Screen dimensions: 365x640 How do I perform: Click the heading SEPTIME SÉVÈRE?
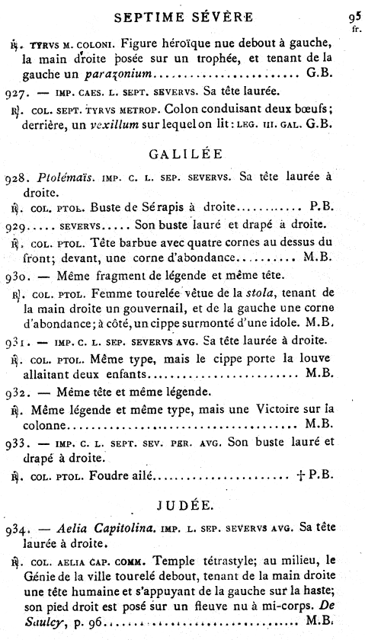[x=182, y=15]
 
